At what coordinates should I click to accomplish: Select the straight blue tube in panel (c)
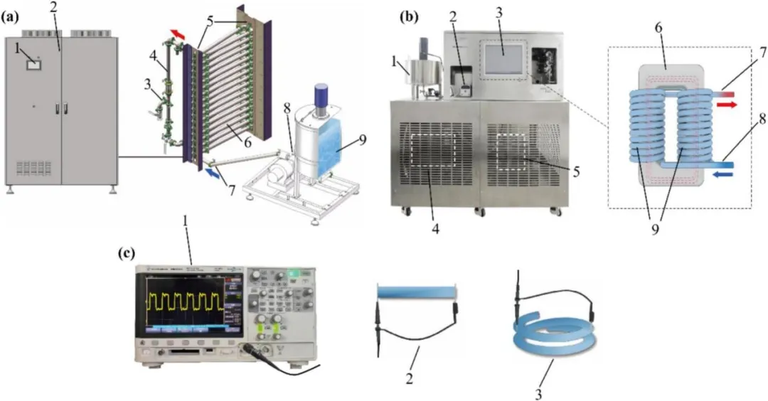point(416,292)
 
